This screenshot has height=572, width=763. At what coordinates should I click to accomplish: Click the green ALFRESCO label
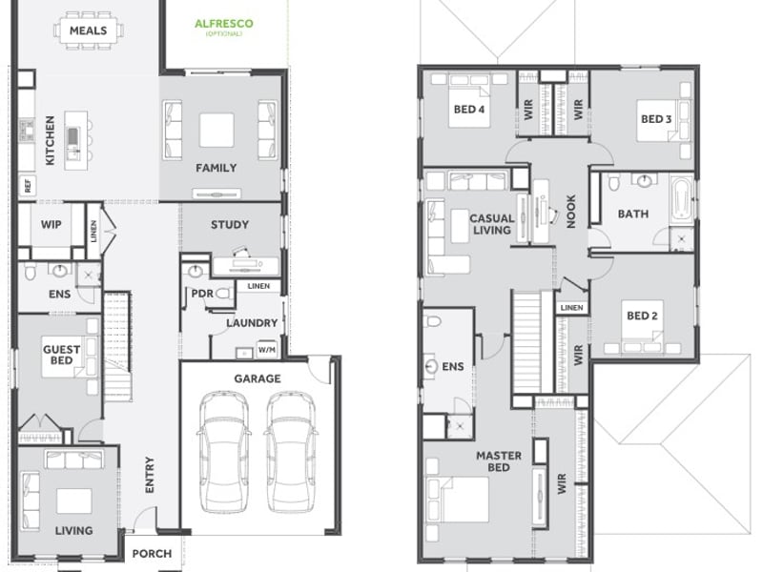point(224,23)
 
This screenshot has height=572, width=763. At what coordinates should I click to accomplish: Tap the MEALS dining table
point(88,31)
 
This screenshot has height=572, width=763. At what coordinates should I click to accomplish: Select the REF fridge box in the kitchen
point(28,185)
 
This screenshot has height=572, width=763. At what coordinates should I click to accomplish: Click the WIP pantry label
point(52,224)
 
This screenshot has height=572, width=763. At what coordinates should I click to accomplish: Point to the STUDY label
point(230,225)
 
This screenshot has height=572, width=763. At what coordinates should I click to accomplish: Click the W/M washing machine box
point(267,350)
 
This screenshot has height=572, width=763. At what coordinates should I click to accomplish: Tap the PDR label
point(202,294)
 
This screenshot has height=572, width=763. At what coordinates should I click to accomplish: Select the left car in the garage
point(224,451)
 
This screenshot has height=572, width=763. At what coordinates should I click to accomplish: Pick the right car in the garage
point(291,451)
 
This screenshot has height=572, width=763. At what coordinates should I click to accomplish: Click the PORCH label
point(152,554)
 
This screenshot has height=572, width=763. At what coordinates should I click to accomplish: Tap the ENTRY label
point(150,475)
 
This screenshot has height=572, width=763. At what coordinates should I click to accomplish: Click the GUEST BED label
point(61,355)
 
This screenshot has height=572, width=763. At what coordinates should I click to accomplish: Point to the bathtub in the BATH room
point(681,199)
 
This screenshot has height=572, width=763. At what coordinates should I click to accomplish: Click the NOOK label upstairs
point(571,211)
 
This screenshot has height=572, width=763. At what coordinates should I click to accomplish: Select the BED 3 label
point(656,119)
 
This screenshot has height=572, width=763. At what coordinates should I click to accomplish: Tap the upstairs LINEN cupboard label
point(571,307)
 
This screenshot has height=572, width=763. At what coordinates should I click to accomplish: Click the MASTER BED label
point(499,461)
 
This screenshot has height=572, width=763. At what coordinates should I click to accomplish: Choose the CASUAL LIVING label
point(492,224)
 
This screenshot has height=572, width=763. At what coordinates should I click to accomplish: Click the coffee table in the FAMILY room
point(217,130)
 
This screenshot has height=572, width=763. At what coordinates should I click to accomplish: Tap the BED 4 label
point(469,110)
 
